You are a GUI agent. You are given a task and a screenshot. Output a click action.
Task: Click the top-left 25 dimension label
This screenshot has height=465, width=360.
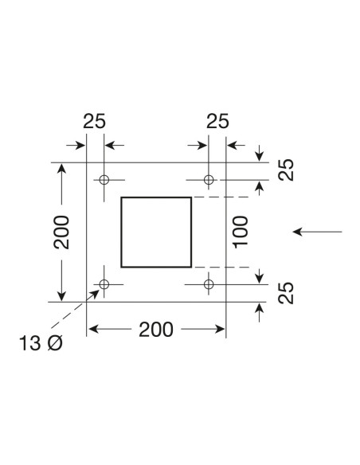click(x=94, y=121)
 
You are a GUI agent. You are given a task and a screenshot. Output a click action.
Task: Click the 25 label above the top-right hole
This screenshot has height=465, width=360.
click(x=217, y=121)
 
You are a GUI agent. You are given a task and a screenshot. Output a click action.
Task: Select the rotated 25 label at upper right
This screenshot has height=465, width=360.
click(x=286, y=170)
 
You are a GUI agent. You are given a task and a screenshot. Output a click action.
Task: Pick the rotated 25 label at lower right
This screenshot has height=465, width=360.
click(x=286, y=293)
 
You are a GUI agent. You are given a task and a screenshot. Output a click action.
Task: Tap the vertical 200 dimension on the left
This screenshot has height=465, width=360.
click(x=61, y=232)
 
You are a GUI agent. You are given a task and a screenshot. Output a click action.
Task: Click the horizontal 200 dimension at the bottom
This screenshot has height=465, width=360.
click(x=156, y=330)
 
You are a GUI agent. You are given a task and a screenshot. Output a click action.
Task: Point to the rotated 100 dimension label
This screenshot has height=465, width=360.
click(x=241, y=232)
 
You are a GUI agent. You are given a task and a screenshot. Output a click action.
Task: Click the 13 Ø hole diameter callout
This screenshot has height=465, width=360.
click(x=41, y=343)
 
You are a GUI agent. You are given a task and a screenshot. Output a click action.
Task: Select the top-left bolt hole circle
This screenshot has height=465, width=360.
click(x=104, y=175)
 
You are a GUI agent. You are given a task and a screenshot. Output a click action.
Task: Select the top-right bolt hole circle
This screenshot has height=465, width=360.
click(x=209, y=175)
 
